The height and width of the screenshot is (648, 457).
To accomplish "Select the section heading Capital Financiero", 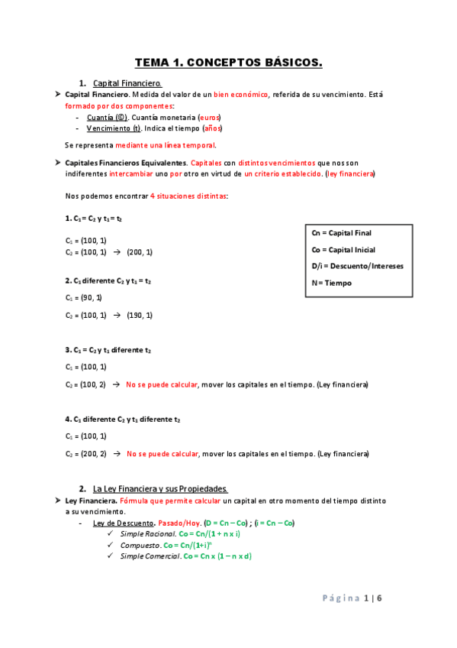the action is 127,83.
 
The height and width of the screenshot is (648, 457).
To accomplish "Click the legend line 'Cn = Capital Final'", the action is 343,233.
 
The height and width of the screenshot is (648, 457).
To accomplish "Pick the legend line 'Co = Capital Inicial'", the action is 344,250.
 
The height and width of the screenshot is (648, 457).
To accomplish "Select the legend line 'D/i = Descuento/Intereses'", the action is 358,266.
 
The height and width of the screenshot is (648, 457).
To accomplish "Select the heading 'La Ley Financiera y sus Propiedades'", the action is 160,488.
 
